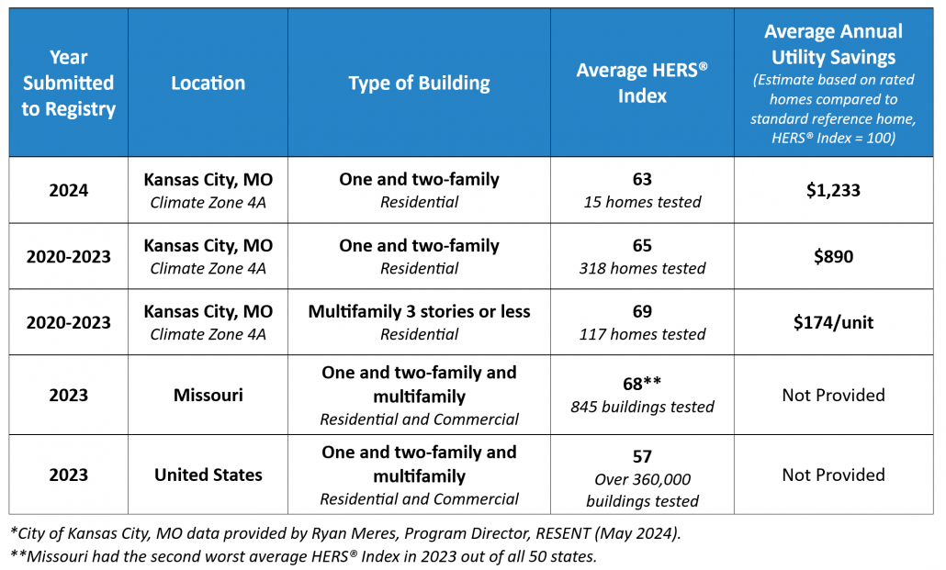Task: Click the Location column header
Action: (208, 83)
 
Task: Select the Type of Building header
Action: (420, 84)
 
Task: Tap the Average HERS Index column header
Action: (642, 83)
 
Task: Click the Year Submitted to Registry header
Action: (68, 83)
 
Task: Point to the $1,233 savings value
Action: (833, 190)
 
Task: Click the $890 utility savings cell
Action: (833, 256)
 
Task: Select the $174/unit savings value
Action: (833, 322)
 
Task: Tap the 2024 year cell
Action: (68, 190)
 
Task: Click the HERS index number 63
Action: (642, 179)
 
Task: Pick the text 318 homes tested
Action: (642, 268)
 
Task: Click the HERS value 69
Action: (642, 311)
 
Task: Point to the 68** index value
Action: (642, 383)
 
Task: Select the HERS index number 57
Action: (642, 456)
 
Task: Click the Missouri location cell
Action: (208, 395)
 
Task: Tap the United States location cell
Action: (208, 475)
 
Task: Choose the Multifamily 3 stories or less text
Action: (420, 311)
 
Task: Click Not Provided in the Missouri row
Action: (833, 395)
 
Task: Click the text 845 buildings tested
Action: (642, 407)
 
